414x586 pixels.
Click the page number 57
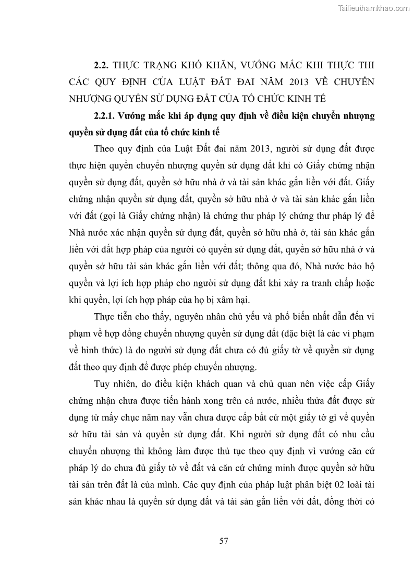click(x=224, y=540)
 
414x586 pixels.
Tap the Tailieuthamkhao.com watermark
click(x=374, y=8)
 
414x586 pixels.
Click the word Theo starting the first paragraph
click(x=105, y=149)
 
